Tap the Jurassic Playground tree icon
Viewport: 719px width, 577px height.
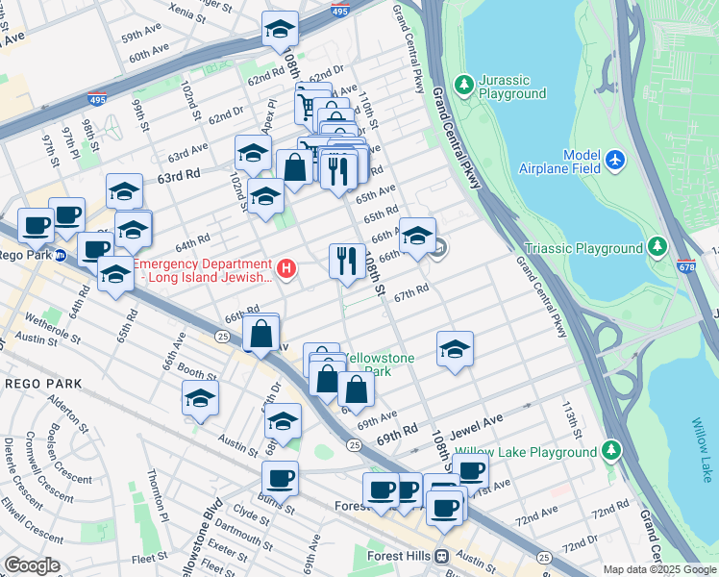point(464,86)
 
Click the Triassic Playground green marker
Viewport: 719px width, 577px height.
point(657,248)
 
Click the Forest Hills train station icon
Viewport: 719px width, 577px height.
point(442,556)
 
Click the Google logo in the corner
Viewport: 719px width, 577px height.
point(32,565)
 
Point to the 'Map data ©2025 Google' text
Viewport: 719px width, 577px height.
point(659,569)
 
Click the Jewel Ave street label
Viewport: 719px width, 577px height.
point(481,421)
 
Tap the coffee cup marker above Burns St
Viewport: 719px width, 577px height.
point(280,477)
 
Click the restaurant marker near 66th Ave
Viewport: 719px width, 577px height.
point(347,260)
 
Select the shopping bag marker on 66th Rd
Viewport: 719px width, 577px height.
point(260,334)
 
